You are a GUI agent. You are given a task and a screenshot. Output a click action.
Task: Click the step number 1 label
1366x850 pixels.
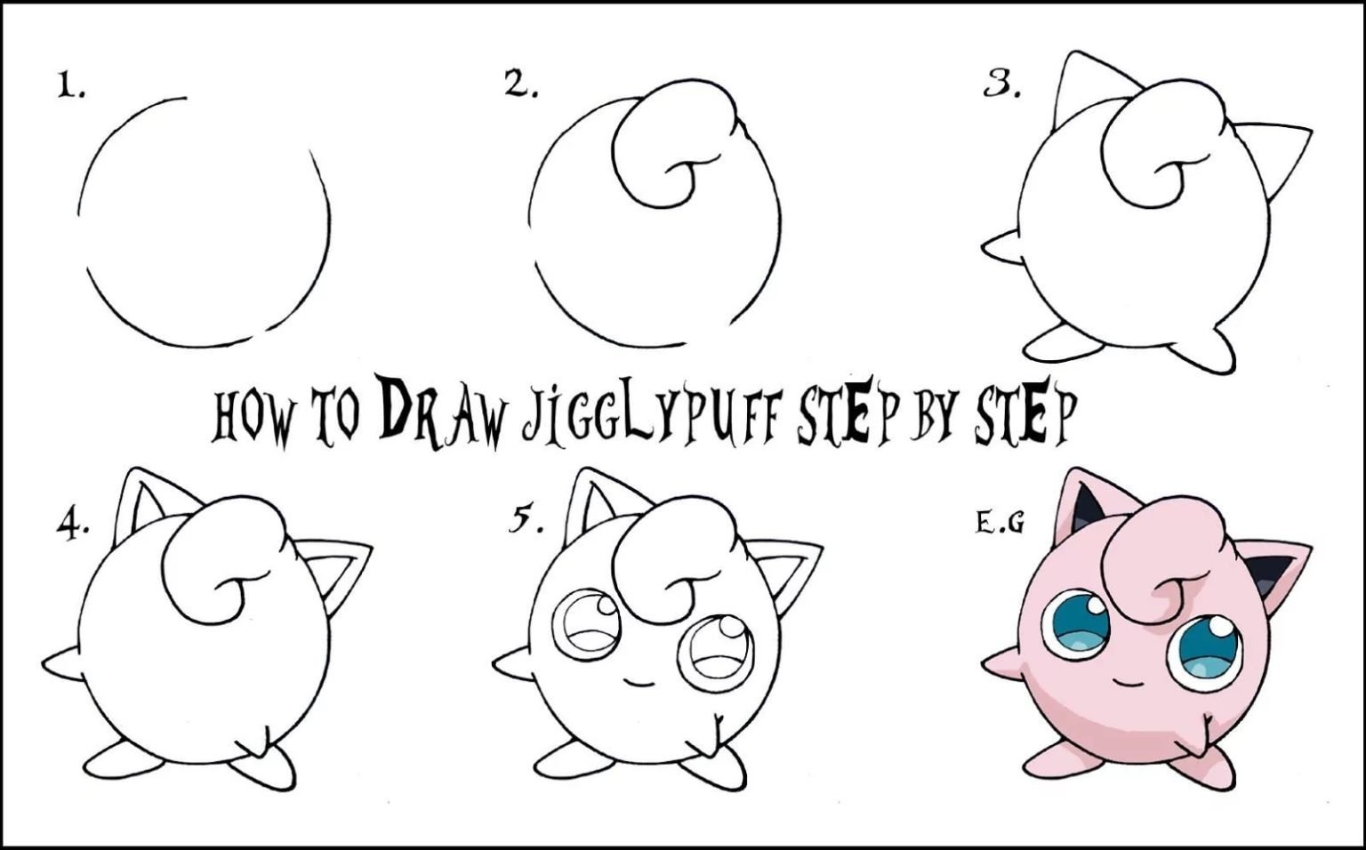click(71, 84)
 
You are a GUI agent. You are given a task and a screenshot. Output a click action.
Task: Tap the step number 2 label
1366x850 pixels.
click(521, 84)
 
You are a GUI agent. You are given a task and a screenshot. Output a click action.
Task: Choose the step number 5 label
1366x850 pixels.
click(526, 519)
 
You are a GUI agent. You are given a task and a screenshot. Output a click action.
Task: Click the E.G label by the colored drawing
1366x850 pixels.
click(1000, 523)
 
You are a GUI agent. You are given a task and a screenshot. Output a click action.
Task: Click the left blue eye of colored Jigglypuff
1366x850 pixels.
click(1076, 624)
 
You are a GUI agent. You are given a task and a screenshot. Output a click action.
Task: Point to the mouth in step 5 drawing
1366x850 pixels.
click(639, 682)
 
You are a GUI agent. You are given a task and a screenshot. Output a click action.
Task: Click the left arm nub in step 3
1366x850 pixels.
click(1000, 247)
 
